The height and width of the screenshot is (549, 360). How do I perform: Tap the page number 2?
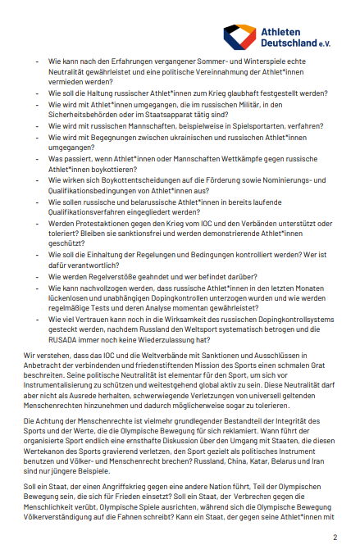click(335, 537)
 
